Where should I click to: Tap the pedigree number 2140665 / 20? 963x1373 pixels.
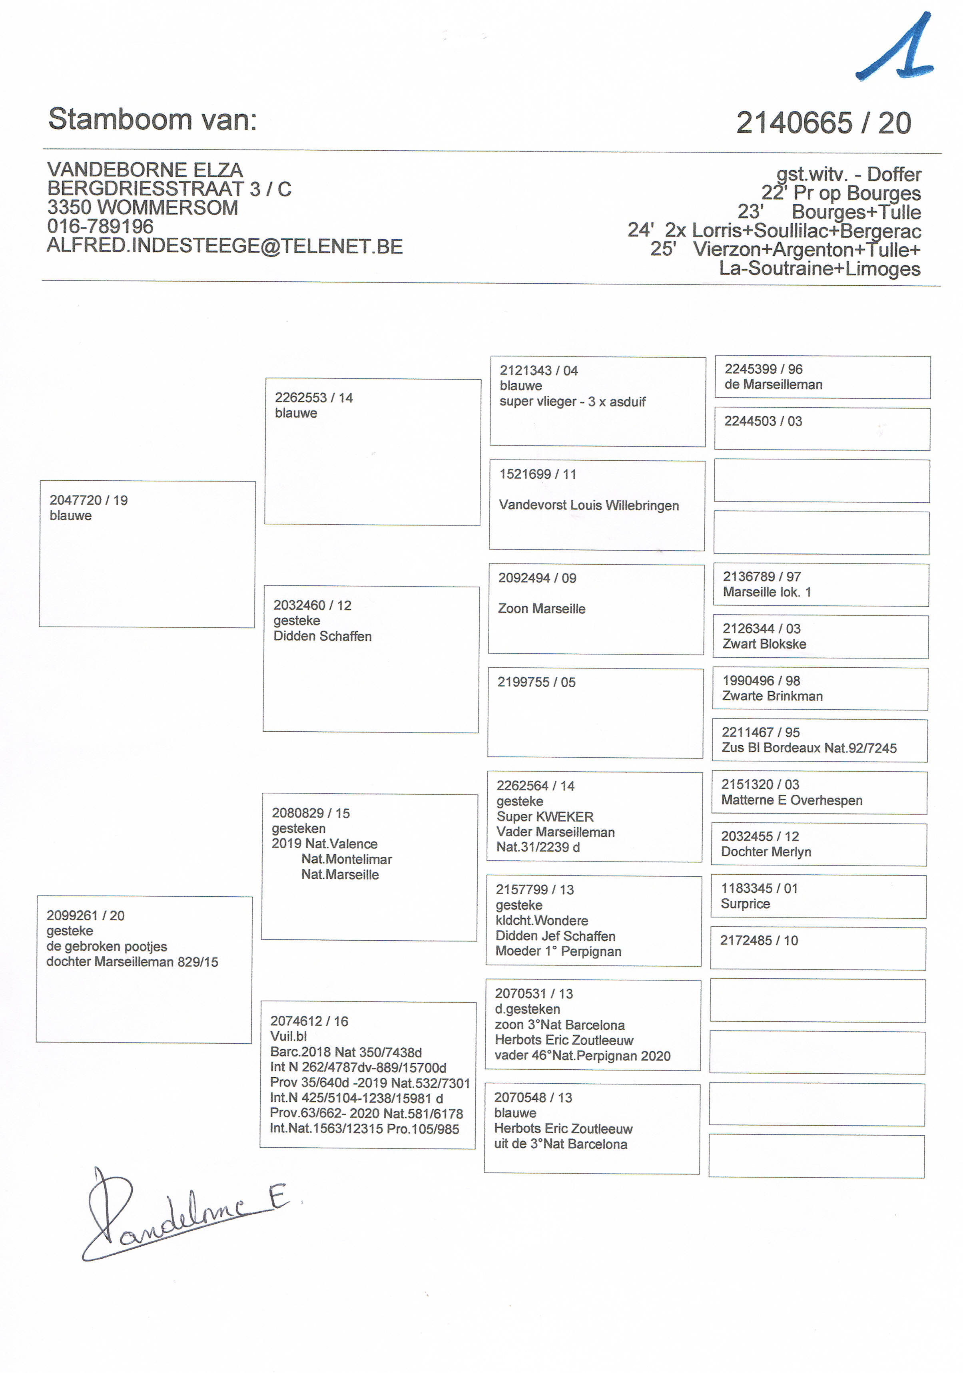823,123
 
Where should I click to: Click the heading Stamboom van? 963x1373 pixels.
153,119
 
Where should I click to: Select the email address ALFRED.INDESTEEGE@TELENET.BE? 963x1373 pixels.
225,246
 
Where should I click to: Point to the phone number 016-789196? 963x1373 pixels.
100,226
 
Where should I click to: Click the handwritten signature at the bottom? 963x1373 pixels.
179,1214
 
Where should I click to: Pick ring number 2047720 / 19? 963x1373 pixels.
88,500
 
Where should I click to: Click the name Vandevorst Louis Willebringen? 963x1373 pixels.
588,505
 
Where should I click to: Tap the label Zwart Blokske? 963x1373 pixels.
764,644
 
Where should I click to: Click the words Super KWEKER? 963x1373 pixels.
545,816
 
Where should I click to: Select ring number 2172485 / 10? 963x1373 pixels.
759,940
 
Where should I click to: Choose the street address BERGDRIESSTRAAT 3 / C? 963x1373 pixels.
169,189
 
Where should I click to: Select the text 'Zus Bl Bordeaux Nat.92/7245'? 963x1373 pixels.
809,748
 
